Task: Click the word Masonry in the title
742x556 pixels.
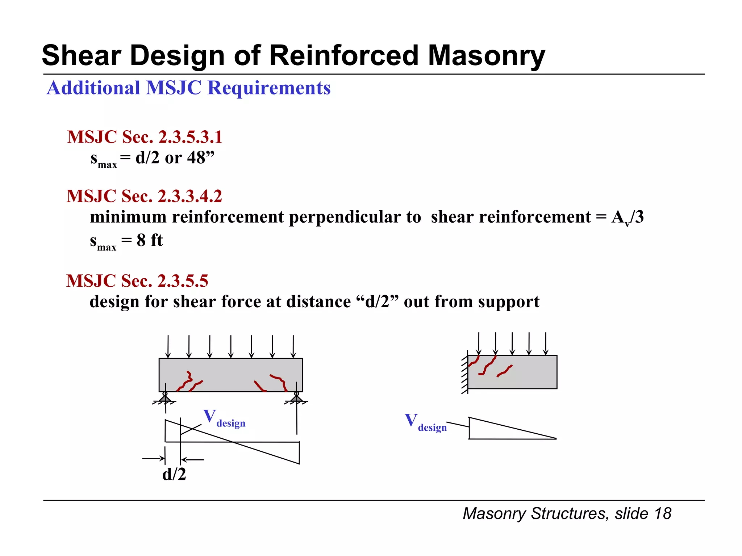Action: coord(486,56)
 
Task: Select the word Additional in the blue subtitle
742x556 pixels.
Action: coord(93,88)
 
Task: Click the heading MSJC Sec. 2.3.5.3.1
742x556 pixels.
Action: coord(145,137)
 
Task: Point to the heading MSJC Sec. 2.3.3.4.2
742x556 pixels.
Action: coord(144,196)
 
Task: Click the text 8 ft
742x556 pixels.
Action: coord(150,240)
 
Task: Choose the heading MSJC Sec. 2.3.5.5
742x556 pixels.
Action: coord(137,281)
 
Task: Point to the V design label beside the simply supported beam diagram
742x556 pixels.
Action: coord(224,418)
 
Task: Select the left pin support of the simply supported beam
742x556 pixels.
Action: coord(165,398)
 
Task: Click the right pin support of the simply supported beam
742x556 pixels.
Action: coord(296,398)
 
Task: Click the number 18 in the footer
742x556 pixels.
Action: coord(663,514)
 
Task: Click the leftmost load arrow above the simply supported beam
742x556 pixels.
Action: coord(168,346)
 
